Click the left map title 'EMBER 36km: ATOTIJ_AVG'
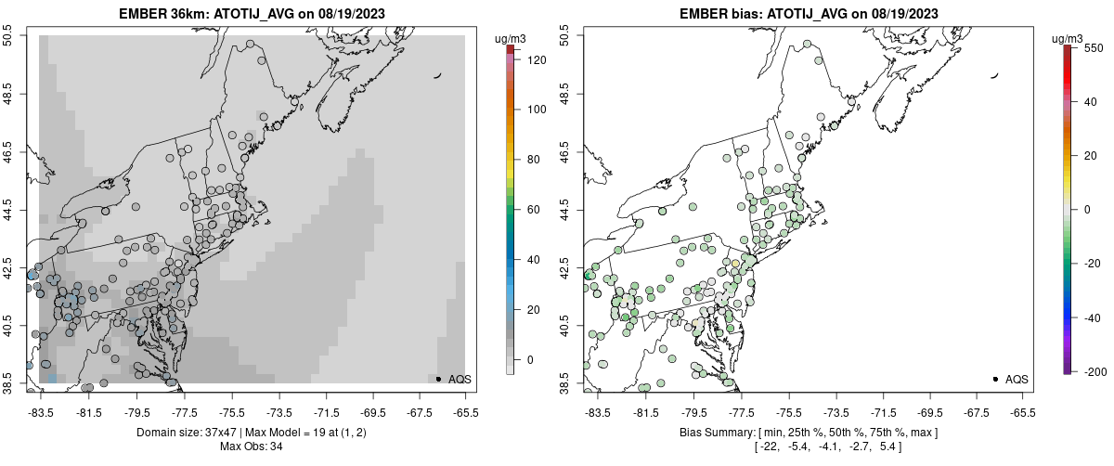point(199,13)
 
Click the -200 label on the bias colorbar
point(1095,372)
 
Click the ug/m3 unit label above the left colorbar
point(512,38)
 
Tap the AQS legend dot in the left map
point(438,379)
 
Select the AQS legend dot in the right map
point(995,379)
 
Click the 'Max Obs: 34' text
point(251,447)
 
